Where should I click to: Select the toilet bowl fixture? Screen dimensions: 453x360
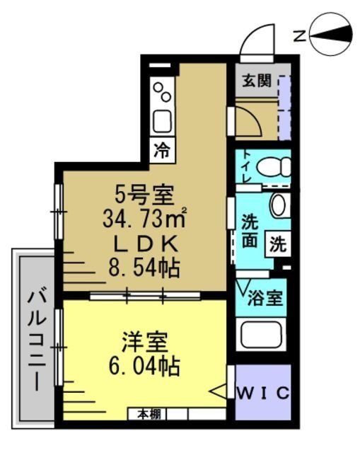(274, 168)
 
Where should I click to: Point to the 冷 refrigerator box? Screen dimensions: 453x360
(163, 150)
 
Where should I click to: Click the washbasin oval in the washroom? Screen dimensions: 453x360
(279, 205)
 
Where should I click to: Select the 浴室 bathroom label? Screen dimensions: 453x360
(265, 298)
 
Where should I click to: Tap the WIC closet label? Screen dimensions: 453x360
(262, 393)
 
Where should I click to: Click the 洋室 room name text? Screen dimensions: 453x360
(144, 343)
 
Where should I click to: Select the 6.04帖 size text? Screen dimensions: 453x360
(144, 367)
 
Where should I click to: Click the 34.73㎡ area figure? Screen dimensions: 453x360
(144, 216)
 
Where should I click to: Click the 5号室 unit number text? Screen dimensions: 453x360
(144, 193)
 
